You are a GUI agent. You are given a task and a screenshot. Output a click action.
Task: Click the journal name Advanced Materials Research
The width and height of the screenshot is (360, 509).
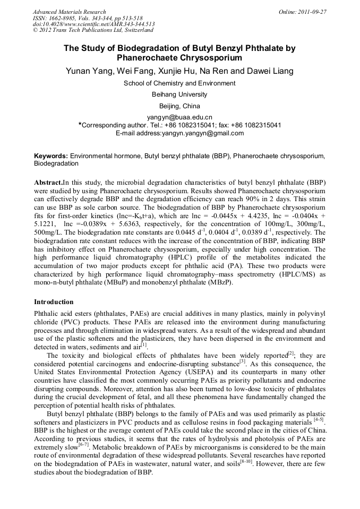point(69,12)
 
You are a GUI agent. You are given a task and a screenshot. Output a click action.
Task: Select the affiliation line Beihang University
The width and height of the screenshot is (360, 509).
point(179,94)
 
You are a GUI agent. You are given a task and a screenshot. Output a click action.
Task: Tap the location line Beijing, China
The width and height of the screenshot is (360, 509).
point(179,106)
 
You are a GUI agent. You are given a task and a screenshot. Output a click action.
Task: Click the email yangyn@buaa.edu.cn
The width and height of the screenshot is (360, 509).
point(179,117)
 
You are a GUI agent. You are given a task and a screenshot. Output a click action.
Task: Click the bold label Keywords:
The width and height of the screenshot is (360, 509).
point(51,156)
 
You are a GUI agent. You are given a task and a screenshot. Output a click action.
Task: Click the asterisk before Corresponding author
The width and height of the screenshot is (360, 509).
point(80,124)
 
